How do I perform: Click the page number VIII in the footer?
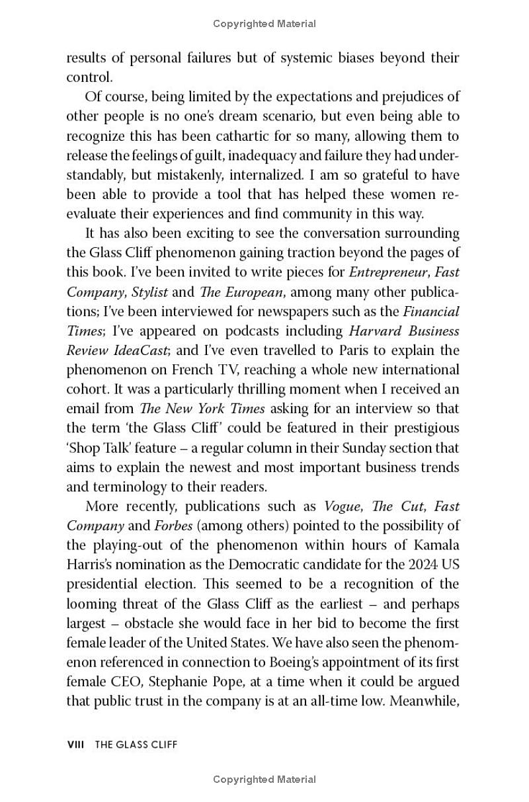(x=76, y=744)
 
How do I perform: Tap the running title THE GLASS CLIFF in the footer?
(x=136, y=744)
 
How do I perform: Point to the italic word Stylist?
(x=149, y=292)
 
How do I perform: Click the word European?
(x=251, y=292)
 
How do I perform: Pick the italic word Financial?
(x=431, y=311)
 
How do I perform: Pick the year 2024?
(x=414, y=565)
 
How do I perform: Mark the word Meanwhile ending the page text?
(x=424, y=701)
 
